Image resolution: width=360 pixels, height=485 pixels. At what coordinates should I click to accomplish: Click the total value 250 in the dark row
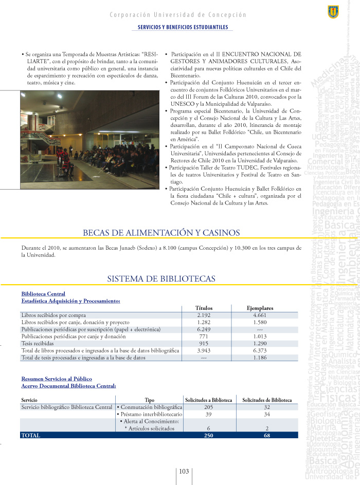[208, 435]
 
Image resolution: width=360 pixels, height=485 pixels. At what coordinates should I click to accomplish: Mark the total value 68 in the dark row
[267, 435]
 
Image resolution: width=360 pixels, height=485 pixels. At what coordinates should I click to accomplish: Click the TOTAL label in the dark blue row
[31, 435]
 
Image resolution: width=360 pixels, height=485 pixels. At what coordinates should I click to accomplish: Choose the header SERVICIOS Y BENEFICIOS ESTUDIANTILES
[183, 27]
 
